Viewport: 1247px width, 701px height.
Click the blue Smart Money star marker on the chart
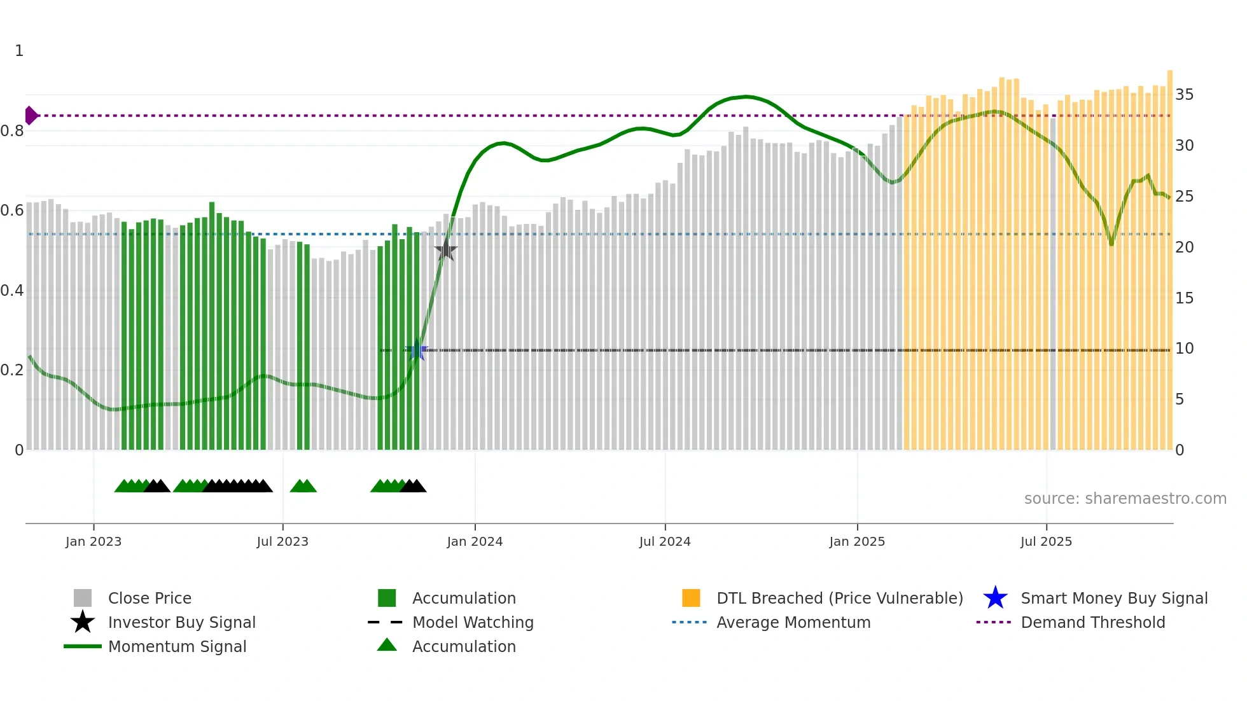pyautogui.click(x=417, y=350)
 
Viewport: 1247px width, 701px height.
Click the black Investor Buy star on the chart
pyautogui.click(x=446, y=250)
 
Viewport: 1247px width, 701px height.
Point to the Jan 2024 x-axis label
pyautogui.click(x=475, y=541)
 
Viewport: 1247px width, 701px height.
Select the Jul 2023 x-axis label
pyautogui.click(x=282, y=541)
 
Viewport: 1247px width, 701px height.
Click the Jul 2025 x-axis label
pyautogui.click(x=1046, y=541)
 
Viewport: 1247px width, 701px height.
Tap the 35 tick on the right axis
pyautogui.click(x=1184, y=95)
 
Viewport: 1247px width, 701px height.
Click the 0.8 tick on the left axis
pyautogui.click(x=13, y=131)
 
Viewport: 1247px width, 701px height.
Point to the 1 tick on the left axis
pyautogui.click(x=19, y=51)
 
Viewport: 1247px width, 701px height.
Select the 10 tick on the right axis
pyautogui.click(x=1184, y=349)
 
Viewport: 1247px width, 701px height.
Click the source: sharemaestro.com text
pyautogui.click(x=1125, y=499)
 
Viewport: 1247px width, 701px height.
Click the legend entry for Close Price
pyautogui.click(x=150, y=598)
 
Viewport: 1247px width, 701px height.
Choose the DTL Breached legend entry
pyautogui.click(x=839, y=598)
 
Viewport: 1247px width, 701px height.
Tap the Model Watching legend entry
pyautogui.click(x=473, y=622)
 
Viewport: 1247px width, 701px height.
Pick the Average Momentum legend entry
pyautogui.click(x=793, y=622)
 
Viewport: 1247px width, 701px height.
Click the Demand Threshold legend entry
pyautogui.click(x=1092, y=622)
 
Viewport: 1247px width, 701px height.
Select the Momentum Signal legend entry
pyautogui.click(x=177, y=646)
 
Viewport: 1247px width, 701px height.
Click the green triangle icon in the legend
pyautogui.click(x=387, y=646)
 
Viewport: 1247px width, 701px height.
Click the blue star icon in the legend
pyautogui.click(x=995, y=598)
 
